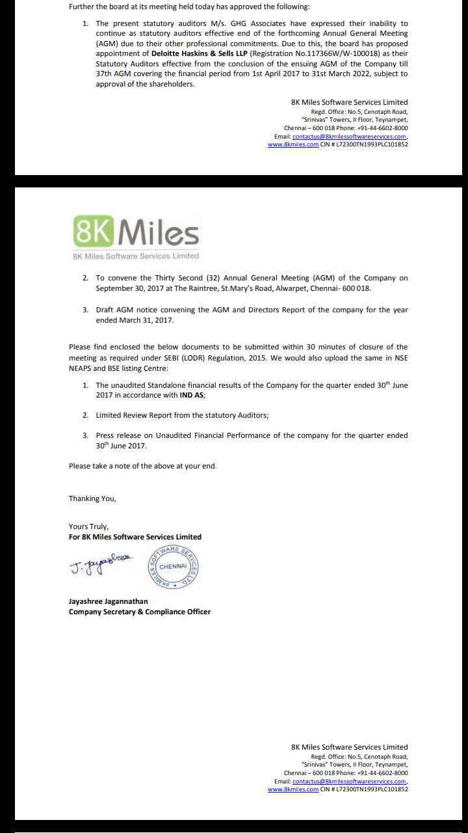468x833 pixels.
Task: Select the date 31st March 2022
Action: [362, 74]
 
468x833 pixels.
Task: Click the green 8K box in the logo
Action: [94, 231]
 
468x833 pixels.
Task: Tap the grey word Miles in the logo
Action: [159, 232]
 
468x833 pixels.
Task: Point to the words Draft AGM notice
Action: [126, 310]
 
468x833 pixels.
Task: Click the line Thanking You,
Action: [92, 498]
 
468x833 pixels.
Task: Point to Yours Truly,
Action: [89, 526]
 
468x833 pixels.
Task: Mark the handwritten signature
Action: [100, 564]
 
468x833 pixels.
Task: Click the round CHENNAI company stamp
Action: [173, 566]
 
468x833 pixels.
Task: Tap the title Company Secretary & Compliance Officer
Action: [140, 612]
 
